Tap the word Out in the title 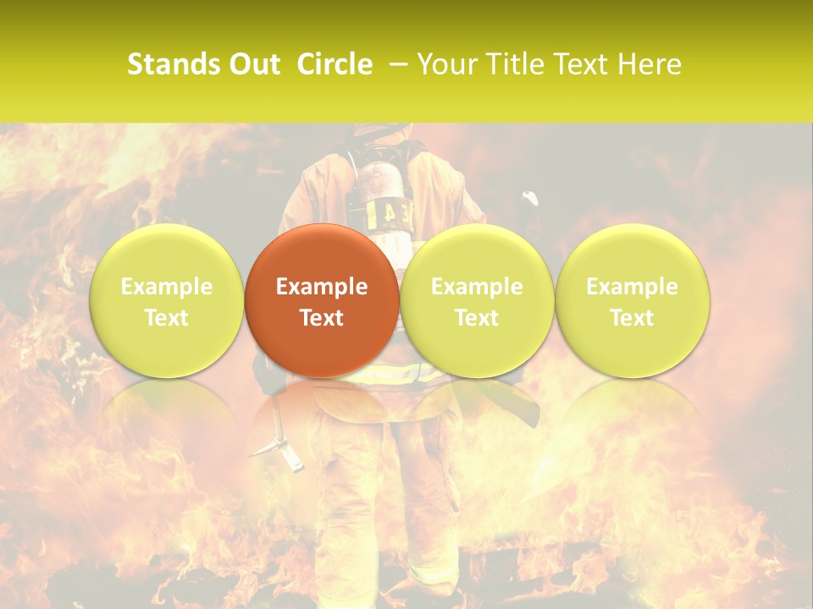[253, 64]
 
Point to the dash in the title [395, 64]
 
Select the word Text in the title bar [583, 64]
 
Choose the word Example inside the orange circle [322, 287]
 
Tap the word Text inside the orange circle [322, 318]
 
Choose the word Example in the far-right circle [633, 287]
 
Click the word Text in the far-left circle [167, 318]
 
